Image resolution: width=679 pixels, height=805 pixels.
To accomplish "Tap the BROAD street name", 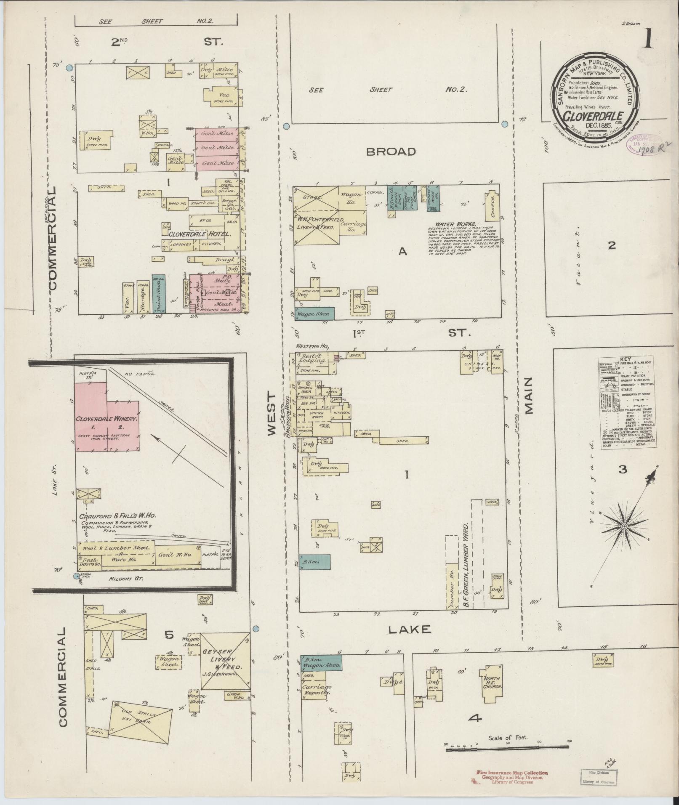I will click(391, 152).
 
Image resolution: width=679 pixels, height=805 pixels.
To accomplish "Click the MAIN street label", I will click(528, 396).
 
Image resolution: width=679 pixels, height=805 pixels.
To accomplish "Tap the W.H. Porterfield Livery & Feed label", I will click(321, 223).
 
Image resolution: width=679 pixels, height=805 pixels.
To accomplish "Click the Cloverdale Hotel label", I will click(199, 234).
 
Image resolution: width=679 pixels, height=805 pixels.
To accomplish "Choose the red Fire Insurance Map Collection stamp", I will click(512, 773).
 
